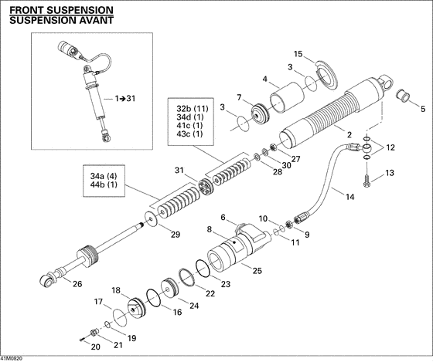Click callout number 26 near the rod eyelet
[77, 284]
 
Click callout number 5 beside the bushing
[422, 109]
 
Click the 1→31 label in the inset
[124, 99]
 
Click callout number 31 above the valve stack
[179, 171]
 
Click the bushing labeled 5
[404, 97]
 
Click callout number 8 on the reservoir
[208, 229]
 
